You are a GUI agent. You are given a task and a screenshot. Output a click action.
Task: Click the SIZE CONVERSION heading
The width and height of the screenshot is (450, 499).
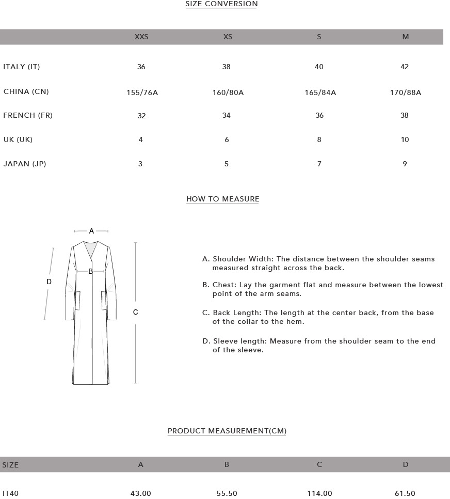pyautogui.click(x=221, y=4)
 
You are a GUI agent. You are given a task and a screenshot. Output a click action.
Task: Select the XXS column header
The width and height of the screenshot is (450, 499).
pyautogui.click(x=141, y=37)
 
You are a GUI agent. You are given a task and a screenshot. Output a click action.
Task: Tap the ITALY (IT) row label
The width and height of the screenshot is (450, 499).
pyautogui.click(x=22, y=67)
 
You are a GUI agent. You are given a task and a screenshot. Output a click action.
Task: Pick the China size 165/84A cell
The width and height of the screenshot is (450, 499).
pyautogui.click(x=320, y=93)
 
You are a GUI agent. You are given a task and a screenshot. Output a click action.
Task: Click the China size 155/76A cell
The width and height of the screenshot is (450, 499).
pyautogui.click(x=142, y=93)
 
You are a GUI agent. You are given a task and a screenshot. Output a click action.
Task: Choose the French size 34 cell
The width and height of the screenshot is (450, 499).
pyautogui.click(x=226, y=115)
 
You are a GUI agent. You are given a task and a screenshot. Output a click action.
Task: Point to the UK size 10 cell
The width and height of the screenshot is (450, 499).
pyautogui.click(x=405, y=139)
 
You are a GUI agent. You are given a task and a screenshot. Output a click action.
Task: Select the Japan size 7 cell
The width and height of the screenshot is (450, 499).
pyautogui.click(x=319, y=164)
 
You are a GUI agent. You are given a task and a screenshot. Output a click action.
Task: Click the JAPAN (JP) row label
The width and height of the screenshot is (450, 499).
pyautogui.click(x=25, y=164)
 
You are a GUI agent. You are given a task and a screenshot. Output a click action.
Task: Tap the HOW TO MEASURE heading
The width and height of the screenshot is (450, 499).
pyautogui.click(x=222, y=199)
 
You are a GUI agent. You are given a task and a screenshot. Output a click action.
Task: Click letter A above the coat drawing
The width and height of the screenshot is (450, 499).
pyautogui.click(x=91, y=231)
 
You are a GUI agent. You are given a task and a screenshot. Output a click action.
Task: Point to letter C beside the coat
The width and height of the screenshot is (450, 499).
pyautogui.click(x=135, y=312)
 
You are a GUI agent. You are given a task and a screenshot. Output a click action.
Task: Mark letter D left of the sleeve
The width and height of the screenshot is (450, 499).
pyautogui.click(x=49, y=282)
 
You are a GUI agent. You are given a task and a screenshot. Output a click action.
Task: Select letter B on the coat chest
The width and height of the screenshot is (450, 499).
pyautogui.click(x=90, y=271)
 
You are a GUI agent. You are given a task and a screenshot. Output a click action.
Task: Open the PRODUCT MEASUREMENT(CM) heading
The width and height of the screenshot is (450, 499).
pyautogui.click(x=227, y=431)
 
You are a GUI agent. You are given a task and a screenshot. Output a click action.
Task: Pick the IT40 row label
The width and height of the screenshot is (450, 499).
pyautogui.click(x=10, y=493)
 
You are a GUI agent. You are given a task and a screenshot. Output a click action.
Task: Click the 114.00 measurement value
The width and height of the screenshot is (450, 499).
pyautogui.click(x=319, y=493)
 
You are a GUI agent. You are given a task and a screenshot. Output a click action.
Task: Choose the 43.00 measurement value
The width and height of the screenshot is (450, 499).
pyautogui.click(x=140, y=493)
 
